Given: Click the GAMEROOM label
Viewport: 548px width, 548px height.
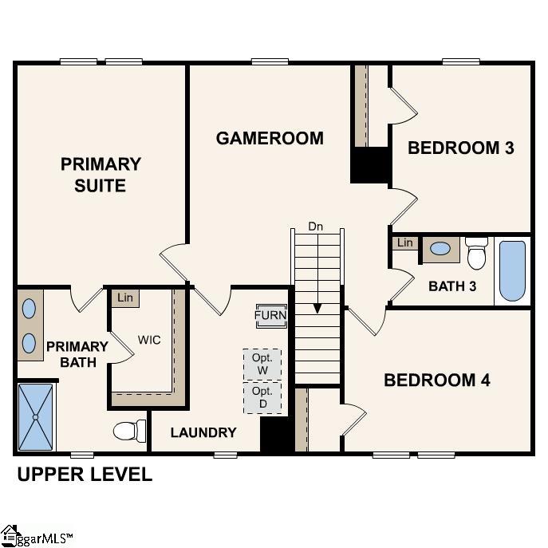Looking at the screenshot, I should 270,138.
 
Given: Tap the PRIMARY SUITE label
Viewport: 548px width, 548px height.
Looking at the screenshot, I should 101,175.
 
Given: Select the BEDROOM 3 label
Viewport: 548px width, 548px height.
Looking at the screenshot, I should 460,148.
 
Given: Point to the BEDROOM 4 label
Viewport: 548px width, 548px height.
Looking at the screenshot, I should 436,380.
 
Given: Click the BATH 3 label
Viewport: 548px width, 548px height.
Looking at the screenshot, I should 452,286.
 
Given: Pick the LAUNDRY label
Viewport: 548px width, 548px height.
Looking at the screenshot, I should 204,432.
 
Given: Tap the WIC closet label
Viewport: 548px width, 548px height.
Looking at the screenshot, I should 149,340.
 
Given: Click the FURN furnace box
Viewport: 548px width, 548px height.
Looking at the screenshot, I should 270,315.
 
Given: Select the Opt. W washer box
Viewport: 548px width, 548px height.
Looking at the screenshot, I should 262,365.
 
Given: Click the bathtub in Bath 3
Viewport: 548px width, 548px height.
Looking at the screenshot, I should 512,270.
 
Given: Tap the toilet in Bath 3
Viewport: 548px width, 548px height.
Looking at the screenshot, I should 477,253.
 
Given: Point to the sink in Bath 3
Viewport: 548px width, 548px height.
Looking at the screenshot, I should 440,249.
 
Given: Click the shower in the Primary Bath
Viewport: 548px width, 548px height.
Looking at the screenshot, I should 36,416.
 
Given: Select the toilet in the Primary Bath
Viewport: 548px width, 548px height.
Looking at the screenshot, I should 128,431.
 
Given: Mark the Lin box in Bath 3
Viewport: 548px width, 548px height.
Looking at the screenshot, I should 405,242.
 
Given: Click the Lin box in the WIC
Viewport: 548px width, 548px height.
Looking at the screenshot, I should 124,298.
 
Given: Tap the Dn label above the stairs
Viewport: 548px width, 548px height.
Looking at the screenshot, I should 316,226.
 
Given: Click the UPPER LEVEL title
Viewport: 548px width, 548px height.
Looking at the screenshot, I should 85,475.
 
